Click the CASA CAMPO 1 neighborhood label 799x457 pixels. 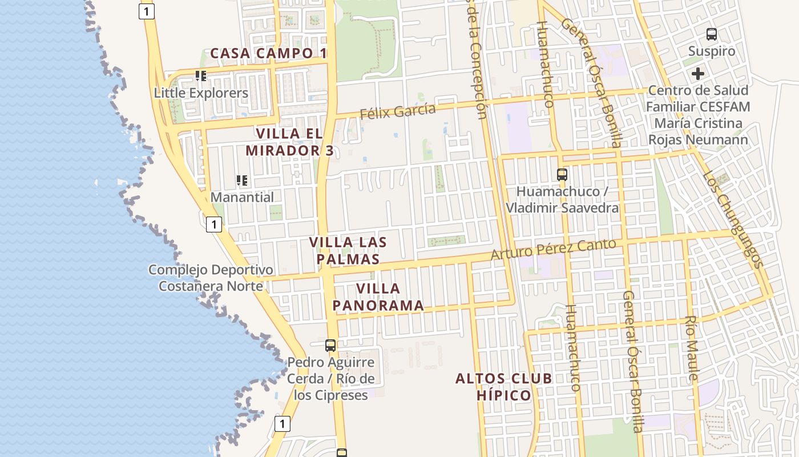pyautogui.click(x=269, y=53)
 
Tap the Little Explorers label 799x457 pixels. pyautogui.click(x=201, y=93)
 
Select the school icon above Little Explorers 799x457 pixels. pyautogui.click(x=200, y=75)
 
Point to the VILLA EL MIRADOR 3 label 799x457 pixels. pyautogui.click(x=289, y=142)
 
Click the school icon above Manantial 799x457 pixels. pyautogui.click(x=242, y=181)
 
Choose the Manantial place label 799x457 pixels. pyautogui.click(x=242, y=197)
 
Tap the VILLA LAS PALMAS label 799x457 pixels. pyautogui.click(x=348, y=250)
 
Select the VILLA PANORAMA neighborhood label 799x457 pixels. pyautogui.click(x=378, y=297)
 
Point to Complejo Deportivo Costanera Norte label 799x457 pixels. pyautogui.click(x=211, y=278)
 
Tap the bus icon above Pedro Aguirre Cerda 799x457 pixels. pyautogui.click(x=330, y=345)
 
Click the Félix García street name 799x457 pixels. pyautogui.click(x=397, y=111)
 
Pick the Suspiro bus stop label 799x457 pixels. pyautogui.click(x=711, y=51)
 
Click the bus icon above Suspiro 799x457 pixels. pyautogui.click(x=712, y=34)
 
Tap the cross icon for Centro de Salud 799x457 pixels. pyautogui.click(x=697, y=74)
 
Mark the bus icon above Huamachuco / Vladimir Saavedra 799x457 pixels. pyautogui.click(x=562, y=174)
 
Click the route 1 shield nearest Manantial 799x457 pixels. pyautogui.click(x=213, y=225)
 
